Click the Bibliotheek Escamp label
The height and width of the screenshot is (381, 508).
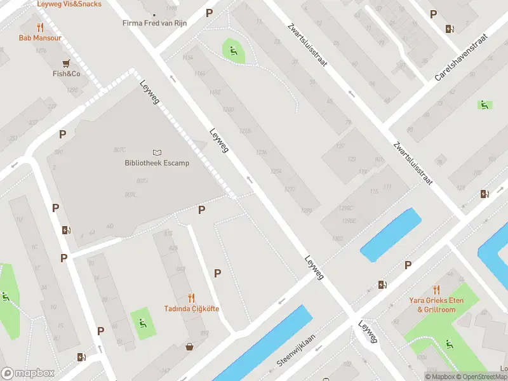click(157, 163)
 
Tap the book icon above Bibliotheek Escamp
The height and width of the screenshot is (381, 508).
click(157, 152)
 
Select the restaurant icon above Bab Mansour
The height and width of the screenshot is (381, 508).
click(41, 27)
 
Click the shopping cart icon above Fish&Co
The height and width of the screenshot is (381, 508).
click(66, 63)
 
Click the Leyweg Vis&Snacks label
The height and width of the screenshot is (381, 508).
click(69, 4)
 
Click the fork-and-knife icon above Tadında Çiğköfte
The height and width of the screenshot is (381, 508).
click(192, 297)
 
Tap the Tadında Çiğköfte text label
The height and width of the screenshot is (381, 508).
click(192, 309)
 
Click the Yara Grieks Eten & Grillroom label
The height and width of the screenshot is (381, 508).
click(436, 305)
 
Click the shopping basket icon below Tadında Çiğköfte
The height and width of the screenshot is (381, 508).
click(189, 347)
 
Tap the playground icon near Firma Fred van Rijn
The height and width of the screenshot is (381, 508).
click(233, 50)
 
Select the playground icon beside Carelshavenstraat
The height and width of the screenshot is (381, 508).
click(485, 105)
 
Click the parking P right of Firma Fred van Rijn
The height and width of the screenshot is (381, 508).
click(210, 13)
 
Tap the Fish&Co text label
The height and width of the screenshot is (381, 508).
click(66, 74)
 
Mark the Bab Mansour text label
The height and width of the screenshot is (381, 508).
click(41, 38)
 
